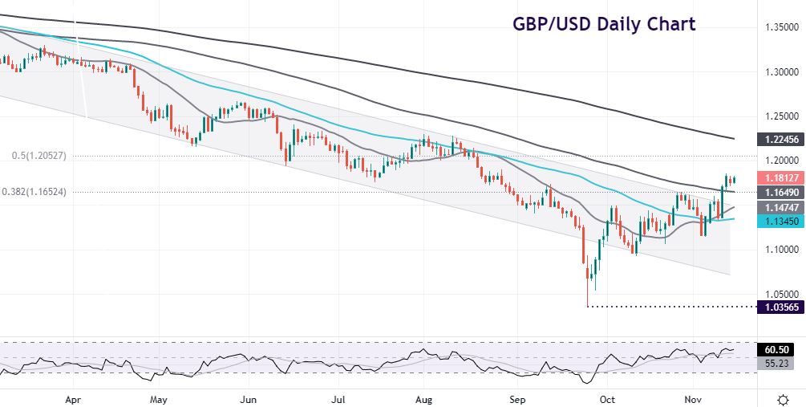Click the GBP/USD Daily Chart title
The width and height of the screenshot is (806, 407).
point(603,24)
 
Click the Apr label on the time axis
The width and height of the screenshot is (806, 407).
point(73,399)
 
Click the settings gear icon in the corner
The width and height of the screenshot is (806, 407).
point(784,398)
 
